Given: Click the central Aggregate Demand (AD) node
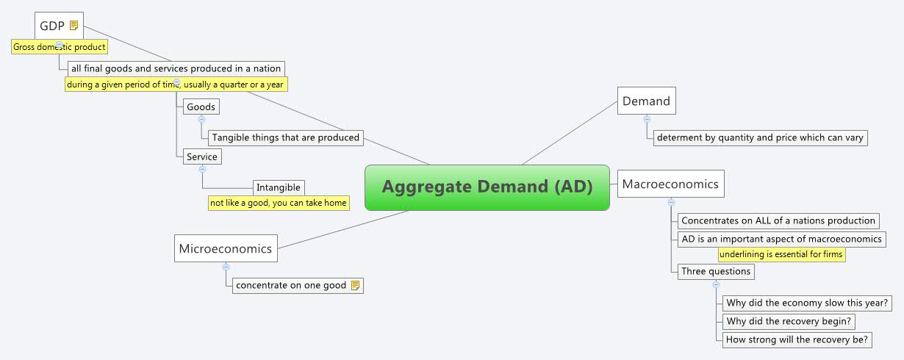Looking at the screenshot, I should point(487,187).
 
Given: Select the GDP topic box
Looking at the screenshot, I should point(52,26).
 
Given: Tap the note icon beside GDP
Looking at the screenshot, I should point(73,26).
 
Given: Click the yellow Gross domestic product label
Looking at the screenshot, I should point(60,47).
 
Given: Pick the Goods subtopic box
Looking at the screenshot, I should point(201,107).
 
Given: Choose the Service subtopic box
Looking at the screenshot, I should point(201,156).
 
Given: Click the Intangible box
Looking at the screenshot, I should point(278,187).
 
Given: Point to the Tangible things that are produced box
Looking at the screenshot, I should point(285,137).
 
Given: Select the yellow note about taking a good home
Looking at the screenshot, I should point(278,203).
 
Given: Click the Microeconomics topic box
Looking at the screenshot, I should point(225,248).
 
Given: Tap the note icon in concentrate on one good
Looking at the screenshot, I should point(355,285).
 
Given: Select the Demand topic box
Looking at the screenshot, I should point(646,101).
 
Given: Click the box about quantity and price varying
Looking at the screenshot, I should point(760,137).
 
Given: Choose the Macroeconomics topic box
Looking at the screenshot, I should point(670,184).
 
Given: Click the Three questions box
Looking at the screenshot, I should point(715,271).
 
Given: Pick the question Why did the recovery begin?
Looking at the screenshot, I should point(789,321).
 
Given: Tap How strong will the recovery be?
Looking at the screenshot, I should point(797,339).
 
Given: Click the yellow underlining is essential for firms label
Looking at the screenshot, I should point(781,254).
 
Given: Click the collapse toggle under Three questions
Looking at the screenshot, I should point(716,284).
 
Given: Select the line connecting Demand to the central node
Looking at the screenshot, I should point(570,132).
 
